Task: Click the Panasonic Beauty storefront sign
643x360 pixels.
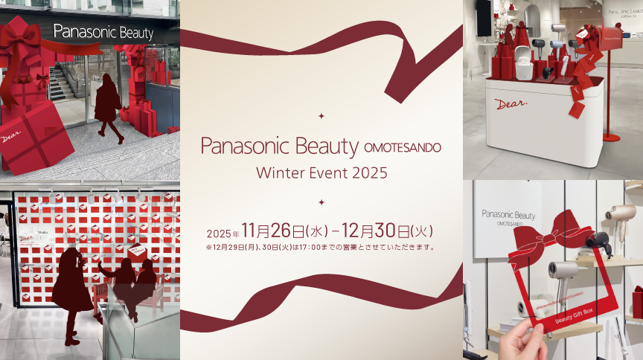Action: point(103,33)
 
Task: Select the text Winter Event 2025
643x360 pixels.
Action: point(321,173)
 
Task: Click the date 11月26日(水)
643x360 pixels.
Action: point(284,231)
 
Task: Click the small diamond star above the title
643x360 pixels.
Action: point(321,115)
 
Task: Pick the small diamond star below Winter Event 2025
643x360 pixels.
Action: point(321,202)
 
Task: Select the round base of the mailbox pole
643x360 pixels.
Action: point(611,137)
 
